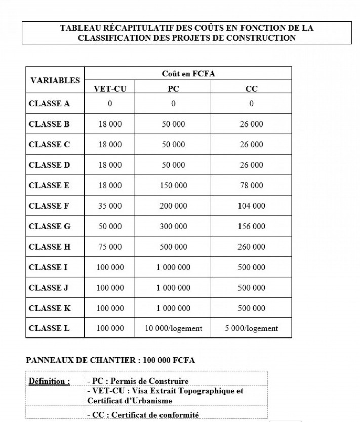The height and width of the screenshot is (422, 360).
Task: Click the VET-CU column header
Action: click(110, 89)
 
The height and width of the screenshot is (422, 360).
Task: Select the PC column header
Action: click(173, 89)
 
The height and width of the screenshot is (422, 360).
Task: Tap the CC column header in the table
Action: click(251, 89)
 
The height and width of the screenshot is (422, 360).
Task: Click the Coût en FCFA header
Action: click(188, 74)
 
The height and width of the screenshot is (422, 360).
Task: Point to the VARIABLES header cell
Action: click(55, 80)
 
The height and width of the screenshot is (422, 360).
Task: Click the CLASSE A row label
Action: click(49, 104)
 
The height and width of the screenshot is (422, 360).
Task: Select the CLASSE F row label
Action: click(49, 206)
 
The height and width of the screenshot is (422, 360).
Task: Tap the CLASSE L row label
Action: click(49, 328)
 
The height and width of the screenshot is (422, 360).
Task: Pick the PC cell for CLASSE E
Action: click(173, 186)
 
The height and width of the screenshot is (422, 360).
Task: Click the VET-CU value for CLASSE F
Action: click(110, 206)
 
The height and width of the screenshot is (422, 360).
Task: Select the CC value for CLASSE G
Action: click(252, 227)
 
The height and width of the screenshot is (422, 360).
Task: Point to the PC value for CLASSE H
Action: click(173, 247)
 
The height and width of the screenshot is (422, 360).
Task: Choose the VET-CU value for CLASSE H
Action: click(110, 247)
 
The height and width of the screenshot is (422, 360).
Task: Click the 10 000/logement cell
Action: click(173, 328)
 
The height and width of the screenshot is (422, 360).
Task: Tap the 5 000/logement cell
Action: click(252, 328)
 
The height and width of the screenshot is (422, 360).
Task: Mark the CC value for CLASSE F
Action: click(252, 206)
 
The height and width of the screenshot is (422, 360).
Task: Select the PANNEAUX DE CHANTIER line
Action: click(110, 360)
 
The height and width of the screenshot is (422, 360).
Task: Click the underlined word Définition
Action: click(49, 381)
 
